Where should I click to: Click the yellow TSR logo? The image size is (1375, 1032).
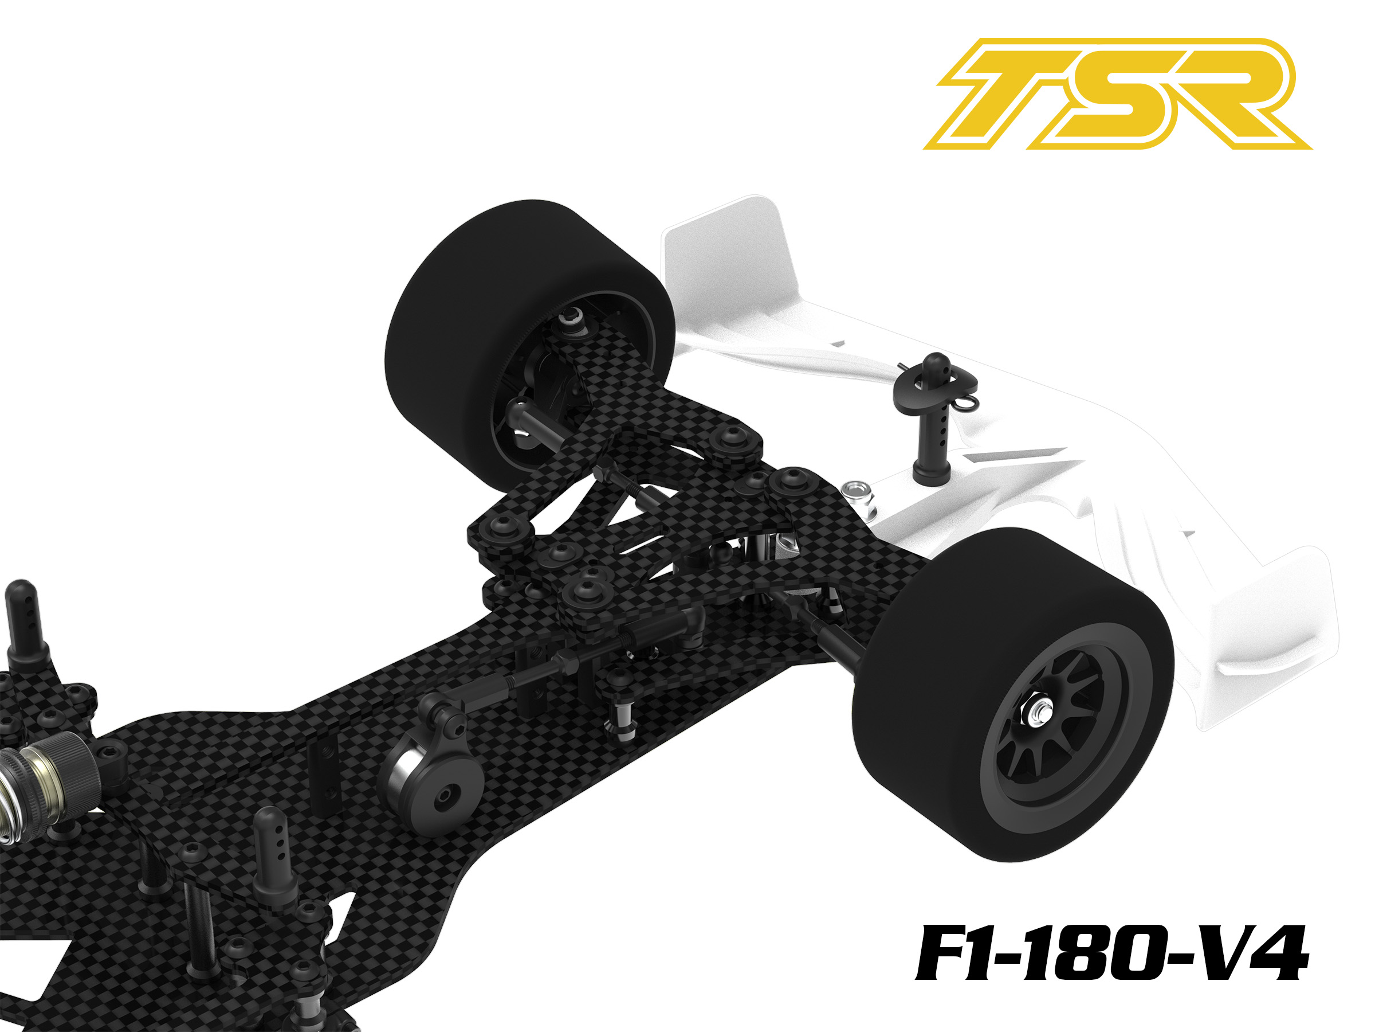click(x=1117, y=94)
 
